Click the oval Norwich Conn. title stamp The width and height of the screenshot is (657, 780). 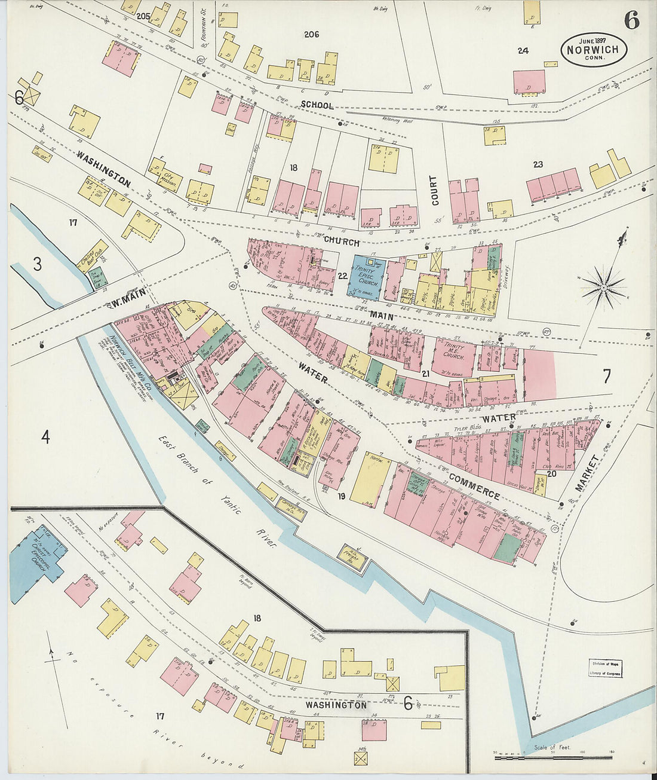pos(594,49)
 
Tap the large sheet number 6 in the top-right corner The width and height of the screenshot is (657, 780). pos(631,20)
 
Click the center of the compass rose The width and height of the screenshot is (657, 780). pos(603,288)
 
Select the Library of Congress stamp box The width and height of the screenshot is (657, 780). pos(606,668)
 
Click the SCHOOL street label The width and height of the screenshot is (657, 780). pos(317,105)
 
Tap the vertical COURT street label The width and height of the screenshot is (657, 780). pos(434,190)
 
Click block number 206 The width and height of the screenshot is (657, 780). pos(311,35)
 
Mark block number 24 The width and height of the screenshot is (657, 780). pos(523,51)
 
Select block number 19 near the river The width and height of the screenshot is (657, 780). pos(341,496)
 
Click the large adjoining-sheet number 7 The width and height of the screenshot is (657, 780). pos(606,377)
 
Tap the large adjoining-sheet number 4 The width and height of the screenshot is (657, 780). pos(45,438)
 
